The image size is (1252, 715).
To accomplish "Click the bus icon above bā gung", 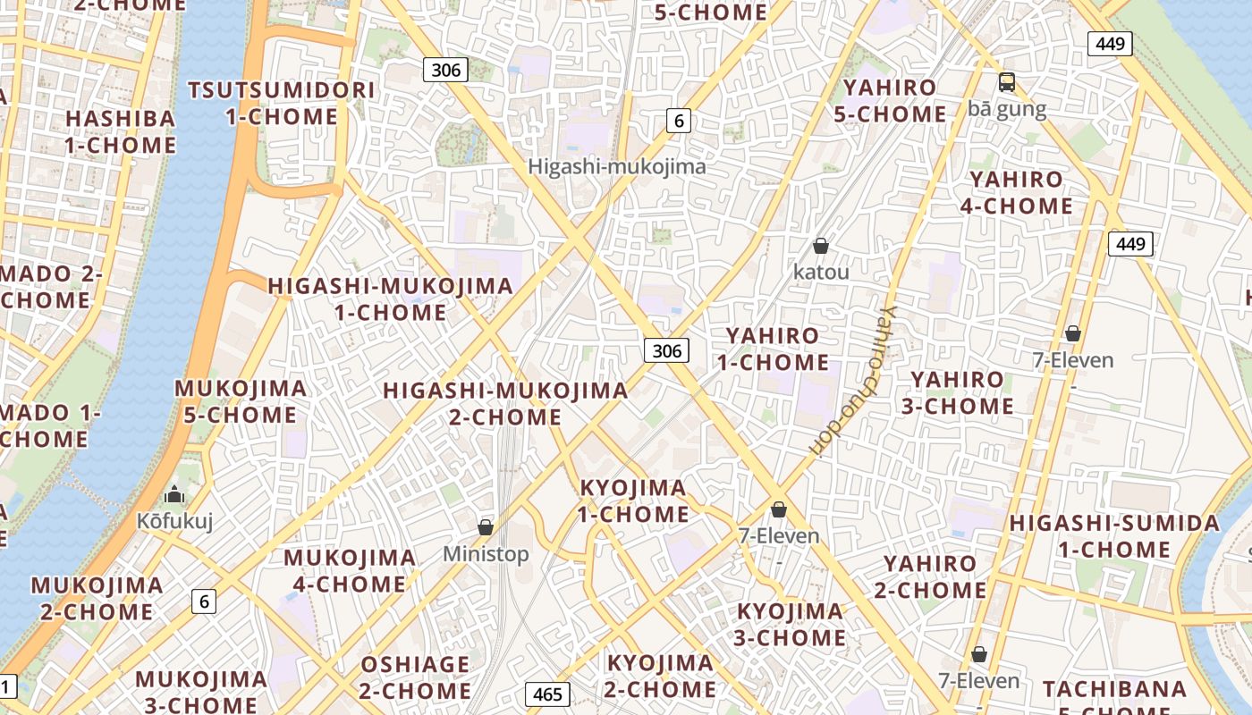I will coord(1007,82).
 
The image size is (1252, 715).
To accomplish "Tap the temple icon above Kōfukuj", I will coord(174,494).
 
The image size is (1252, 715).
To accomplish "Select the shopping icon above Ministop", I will coord(486,527).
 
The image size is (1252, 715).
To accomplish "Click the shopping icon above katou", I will coord(821,245).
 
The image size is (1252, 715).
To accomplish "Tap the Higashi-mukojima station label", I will coord(616,166).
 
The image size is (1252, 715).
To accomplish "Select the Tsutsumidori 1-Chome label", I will coord(281,103).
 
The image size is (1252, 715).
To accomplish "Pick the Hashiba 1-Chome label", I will coord(121,131).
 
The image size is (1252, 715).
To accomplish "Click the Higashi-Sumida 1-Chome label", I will coord(1114,536).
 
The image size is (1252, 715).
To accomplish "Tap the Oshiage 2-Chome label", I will coord(415,677).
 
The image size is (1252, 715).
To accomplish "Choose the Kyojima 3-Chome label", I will coord(791,625).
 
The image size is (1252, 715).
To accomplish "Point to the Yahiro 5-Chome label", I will coord(890,101).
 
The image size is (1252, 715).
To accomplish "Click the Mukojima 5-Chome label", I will coord(240,401).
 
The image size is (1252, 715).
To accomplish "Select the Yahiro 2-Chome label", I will coord(930,576).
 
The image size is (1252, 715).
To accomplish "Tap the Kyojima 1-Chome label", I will coord(633,501).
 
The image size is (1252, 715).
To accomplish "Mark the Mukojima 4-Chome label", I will coord(350,571).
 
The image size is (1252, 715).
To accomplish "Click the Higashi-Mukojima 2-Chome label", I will coord(505,404).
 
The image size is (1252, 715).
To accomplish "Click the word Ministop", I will coord(486,554).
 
